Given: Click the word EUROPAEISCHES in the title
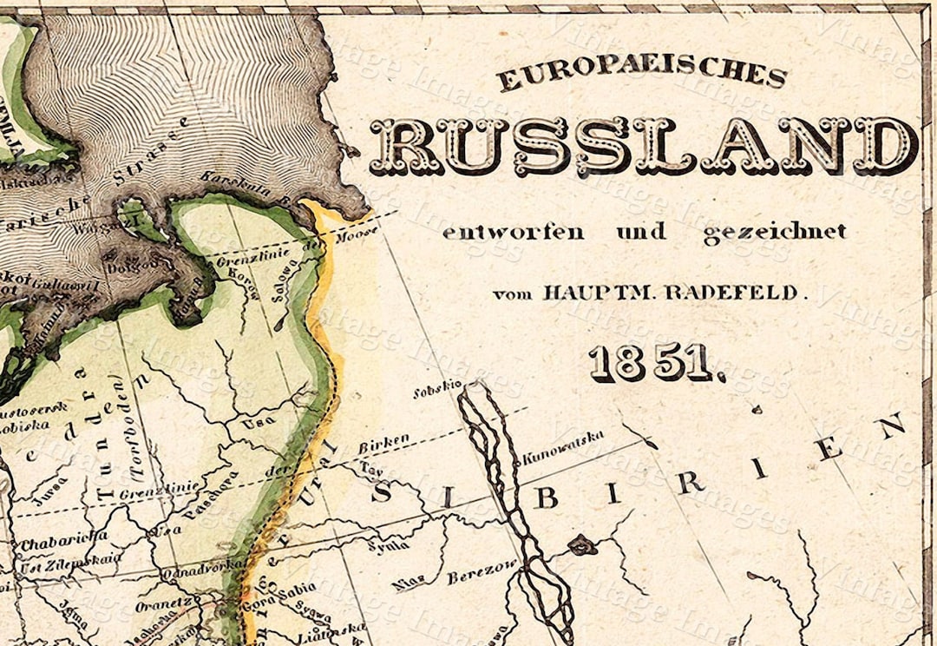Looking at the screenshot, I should point(642,76).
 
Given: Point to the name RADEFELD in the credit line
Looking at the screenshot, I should point(727,293).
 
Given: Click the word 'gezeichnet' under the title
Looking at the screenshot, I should point(774,233).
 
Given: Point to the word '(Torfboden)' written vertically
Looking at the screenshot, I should point(137,428).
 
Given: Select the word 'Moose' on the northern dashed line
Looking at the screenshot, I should point(357,236).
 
